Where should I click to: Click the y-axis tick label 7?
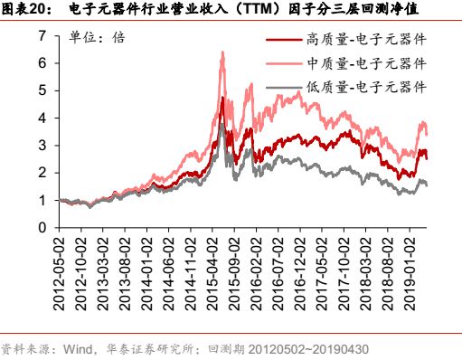(42, 36)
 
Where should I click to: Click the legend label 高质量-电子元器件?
(366, 42)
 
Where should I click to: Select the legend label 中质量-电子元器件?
(366, 64)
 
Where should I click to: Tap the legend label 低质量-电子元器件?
(366, 87)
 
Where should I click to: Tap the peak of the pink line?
(222, 52)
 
